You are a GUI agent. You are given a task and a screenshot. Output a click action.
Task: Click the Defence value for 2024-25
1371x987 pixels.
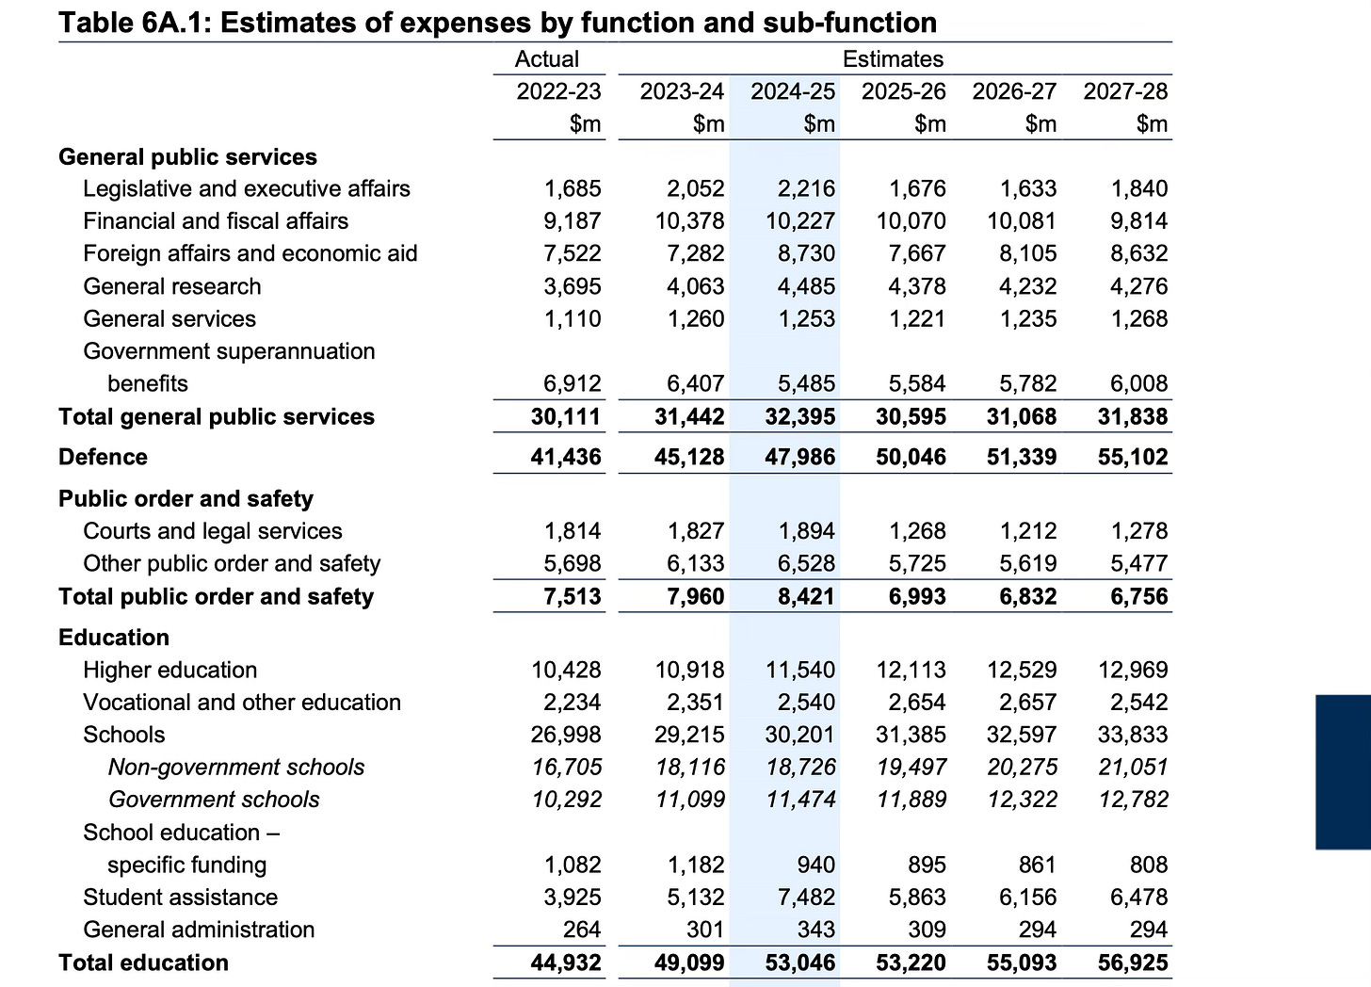click(x=799, y=457)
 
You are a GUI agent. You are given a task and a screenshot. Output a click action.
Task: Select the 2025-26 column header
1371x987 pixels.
click(x=903, y=91)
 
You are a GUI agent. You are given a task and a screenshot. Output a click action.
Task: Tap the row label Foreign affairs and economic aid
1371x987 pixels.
click(x=250, y=253)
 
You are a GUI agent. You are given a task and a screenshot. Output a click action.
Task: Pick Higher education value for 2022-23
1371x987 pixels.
click(x=566, y=670)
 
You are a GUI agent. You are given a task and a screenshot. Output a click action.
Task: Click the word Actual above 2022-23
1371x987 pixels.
click(x=546, y=59)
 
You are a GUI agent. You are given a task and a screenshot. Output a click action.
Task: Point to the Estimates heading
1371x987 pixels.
click(x=893, y=59)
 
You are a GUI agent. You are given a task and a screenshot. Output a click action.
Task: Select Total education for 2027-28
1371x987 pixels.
click(x=1133, y=963)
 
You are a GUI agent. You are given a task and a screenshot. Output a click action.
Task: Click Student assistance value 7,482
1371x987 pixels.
click(x=806, y=898)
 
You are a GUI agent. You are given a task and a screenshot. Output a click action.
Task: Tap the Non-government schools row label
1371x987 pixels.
click(x=236, y=768)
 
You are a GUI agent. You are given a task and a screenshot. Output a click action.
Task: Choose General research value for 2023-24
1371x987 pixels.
click(x=695, y=286)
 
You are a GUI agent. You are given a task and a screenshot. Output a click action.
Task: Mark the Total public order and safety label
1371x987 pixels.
click(x=216, y=597)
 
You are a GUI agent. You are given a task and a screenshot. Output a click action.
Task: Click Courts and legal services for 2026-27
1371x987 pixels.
click(x=1028, y=531)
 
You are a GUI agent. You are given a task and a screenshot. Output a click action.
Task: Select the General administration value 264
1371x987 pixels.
click(x=581, y=930)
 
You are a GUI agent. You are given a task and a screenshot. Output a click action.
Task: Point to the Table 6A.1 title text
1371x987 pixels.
click(x=497, y=22)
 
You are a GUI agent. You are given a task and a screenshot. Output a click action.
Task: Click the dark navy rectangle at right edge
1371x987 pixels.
click(x=1343, y=772)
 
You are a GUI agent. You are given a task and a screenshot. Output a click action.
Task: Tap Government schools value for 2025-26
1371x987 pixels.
click(x=911, y=800)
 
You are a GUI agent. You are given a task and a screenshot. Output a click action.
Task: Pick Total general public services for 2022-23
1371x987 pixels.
click(x=566, y=416)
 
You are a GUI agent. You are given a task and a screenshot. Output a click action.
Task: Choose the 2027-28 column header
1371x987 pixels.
click(x=1125, y=91)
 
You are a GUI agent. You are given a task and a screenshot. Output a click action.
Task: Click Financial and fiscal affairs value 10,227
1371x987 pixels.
click(x=799, y=221)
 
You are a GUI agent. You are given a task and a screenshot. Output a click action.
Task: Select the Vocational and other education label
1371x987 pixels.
click(x=242, y=703)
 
